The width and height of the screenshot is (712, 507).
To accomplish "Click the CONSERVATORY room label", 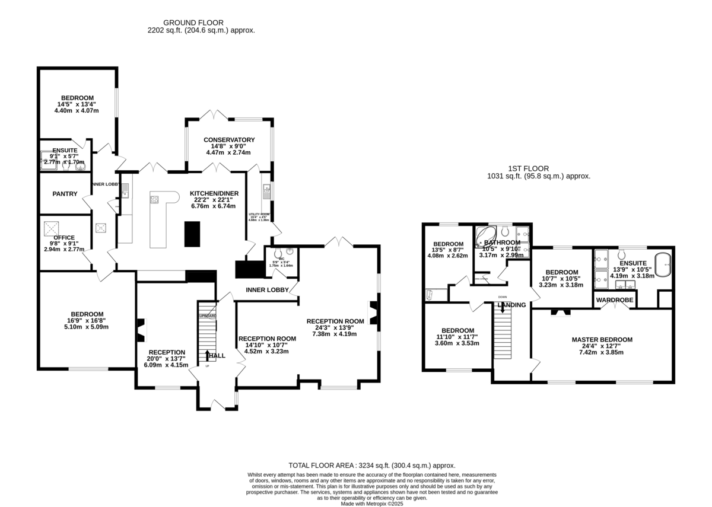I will click(x=229, y=140).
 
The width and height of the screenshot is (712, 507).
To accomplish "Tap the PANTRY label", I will click(x=65, y=194).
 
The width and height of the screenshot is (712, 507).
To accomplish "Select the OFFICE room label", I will click(x=64, y=237).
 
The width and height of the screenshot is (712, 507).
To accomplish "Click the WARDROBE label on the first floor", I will click(x=615, y=301).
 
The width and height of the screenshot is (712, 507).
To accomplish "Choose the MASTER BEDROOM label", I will click(x=602, y=340).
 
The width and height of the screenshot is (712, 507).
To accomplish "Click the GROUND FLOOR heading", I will click(x=201, y=23).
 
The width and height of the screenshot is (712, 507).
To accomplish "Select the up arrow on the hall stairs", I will click(x=207, y=355).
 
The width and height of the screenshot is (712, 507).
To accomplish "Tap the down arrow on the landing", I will click(x=503, y=308).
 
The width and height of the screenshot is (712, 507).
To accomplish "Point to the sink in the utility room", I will click(x=266, y=190).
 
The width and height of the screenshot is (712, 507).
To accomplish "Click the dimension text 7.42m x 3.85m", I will click(x=602, y=352).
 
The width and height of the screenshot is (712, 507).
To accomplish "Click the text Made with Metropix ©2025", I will click(x=372, y=504).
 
